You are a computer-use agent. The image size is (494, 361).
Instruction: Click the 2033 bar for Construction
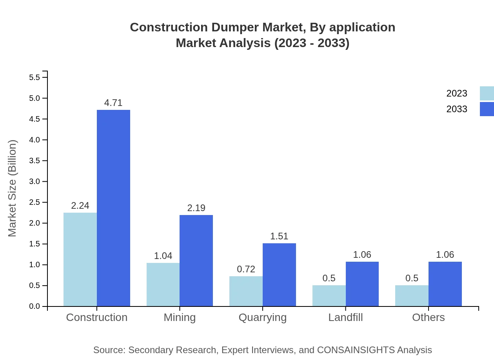113,208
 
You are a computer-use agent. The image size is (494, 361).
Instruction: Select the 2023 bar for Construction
80,259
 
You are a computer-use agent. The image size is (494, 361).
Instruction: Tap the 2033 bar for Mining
196,261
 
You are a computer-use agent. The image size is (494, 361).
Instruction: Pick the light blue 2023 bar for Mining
163,284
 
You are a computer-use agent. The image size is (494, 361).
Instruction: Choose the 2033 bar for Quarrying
279,275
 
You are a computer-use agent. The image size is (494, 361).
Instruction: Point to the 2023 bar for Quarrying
246,291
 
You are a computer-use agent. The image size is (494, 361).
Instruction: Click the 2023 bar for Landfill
329,296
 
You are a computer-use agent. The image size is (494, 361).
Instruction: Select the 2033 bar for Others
445,284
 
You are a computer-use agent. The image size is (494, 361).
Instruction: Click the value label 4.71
113,103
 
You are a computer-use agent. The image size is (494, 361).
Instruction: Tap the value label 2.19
196,208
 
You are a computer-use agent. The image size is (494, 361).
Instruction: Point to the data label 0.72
246,269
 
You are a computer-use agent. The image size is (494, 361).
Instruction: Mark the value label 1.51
279,236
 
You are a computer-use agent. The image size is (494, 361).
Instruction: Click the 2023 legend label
457,93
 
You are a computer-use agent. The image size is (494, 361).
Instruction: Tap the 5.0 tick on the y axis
35,98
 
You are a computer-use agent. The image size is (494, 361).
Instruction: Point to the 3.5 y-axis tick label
35,160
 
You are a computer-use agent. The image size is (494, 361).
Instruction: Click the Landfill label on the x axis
345,317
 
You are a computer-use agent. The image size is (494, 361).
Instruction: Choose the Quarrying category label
262,317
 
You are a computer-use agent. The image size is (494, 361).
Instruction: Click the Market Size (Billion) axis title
13,188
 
